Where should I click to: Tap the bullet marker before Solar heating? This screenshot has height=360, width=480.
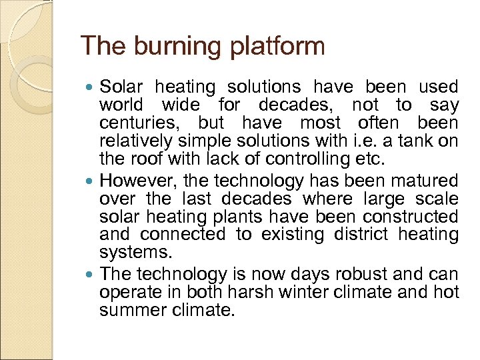(x=91, y=87)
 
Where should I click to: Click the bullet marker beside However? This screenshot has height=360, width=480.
(x=91, y=181)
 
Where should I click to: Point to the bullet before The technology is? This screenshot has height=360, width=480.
(x=91, y=274)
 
